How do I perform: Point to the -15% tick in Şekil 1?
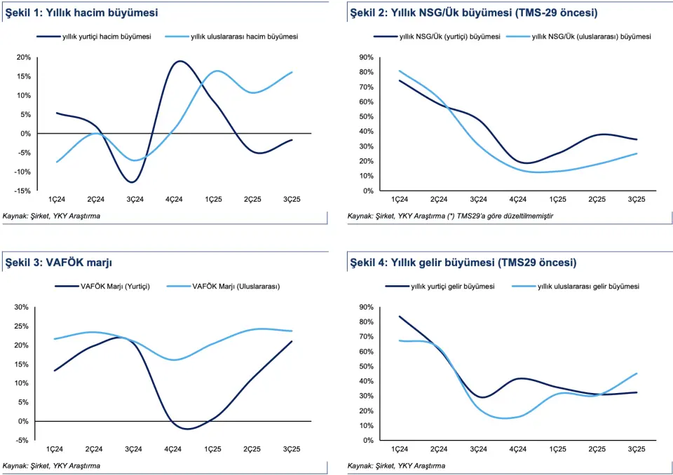point(24,191)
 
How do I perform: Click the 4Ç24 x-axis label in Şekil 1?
point(175,200)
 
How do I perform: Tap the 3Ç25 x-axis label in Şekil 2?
point(636,200)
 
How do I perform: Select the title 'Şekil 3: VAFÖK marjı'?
point(58,263)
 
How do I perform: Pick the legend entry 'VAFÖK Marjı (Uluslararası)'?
point(236,286)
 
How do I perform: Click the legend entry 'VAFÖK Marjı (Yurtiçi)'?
point(121,286)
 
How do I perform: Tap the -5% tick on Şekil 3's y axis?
point(22,440)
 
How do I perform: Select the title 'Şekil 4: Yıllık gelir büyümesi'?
point(462,263)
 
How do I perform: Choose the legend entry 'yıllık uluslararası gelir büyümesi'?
point(588,286)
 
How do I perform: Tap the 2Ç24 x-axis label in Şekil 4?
point(439,449)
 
